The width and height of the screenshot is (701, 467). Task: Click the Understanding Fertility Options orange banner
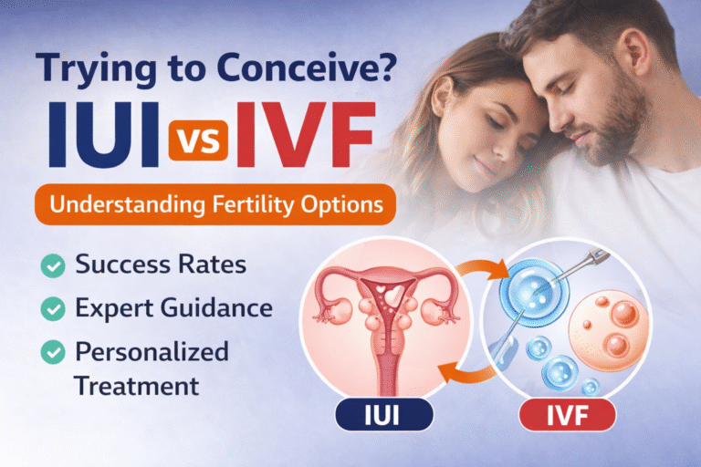pos(215,204)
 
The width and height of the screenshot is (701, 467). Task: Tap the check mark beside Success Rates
pos(53,265)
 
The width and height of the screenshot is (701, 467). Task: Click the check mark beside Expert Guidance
pos(53,308)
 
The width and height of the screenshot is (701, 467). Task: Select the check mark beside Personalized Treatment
pos(53,351)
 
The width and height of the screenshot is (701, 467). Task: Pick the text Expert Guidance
pos(173,308)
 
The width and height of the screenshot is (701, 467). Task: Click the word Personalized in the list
pos(152,351)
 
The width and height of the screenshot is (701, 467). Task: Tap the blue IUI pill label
pos(383,418)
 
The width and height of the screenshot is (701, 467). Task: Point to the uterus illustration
pos(384,319)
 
